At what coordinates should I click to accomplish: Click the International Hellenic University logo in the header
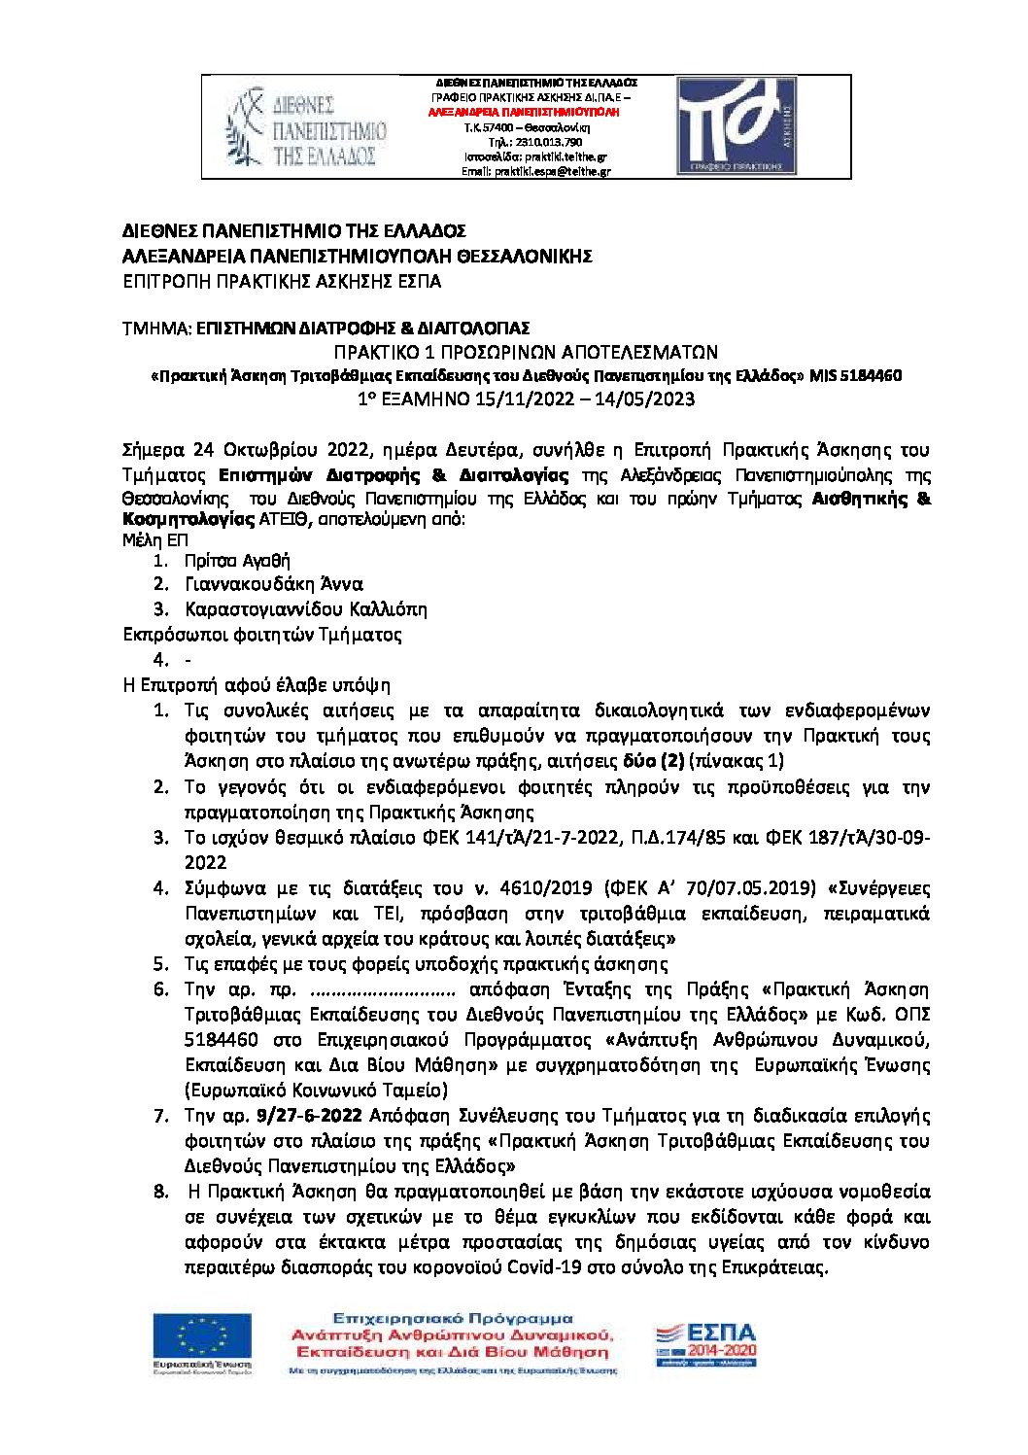coord(306,127)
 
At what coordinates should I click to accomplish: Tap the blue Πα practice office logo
coord(737,126)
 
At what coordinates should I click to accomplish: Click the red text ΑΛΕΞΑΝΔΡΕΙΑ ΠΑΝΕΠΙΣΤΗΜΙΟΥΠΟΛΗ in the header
coord(524,113)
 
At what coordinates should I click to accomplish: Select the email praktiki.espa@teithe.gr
coord(552,171)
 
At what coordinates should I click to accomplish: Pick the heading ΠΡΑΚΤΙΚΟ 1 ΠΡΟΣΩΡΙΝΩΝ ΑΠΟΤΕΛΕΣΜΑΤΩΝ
coord(526,352)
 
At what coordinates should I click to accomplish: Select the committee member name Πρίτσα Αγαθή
coord(237,561)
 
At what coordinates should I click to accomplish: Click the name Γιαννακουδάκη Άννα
coord(274,584)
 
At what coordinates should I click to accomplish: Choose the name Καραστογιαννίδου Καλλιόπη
coord(306,609)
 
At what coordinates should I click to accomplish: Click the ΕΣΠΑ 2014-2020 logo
coord(706,1344)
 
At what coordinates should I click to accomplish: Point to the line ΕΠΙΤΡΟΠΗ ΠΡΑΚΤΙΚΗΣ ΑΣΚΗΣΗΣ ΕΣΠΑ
coord(282,282)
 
